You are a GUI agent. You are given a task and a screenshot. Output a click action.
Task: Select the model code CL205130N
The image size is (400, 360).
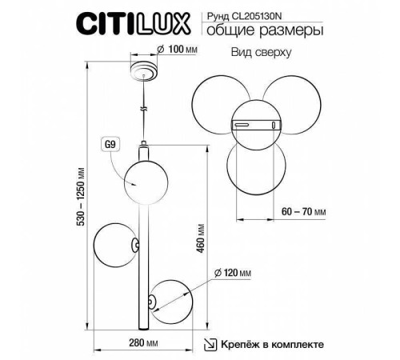[287, 13]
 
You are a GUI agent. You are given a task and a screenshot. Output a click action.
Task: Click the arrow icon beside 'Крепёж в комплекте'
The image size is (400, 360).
[210, 345]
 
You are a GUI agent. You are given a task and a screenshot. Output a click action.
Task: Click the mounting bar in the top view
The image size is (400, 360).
[254, 124]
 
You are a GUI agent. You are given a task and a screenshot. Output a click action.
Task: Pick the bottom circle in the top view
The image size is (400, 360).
[253, 165]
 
